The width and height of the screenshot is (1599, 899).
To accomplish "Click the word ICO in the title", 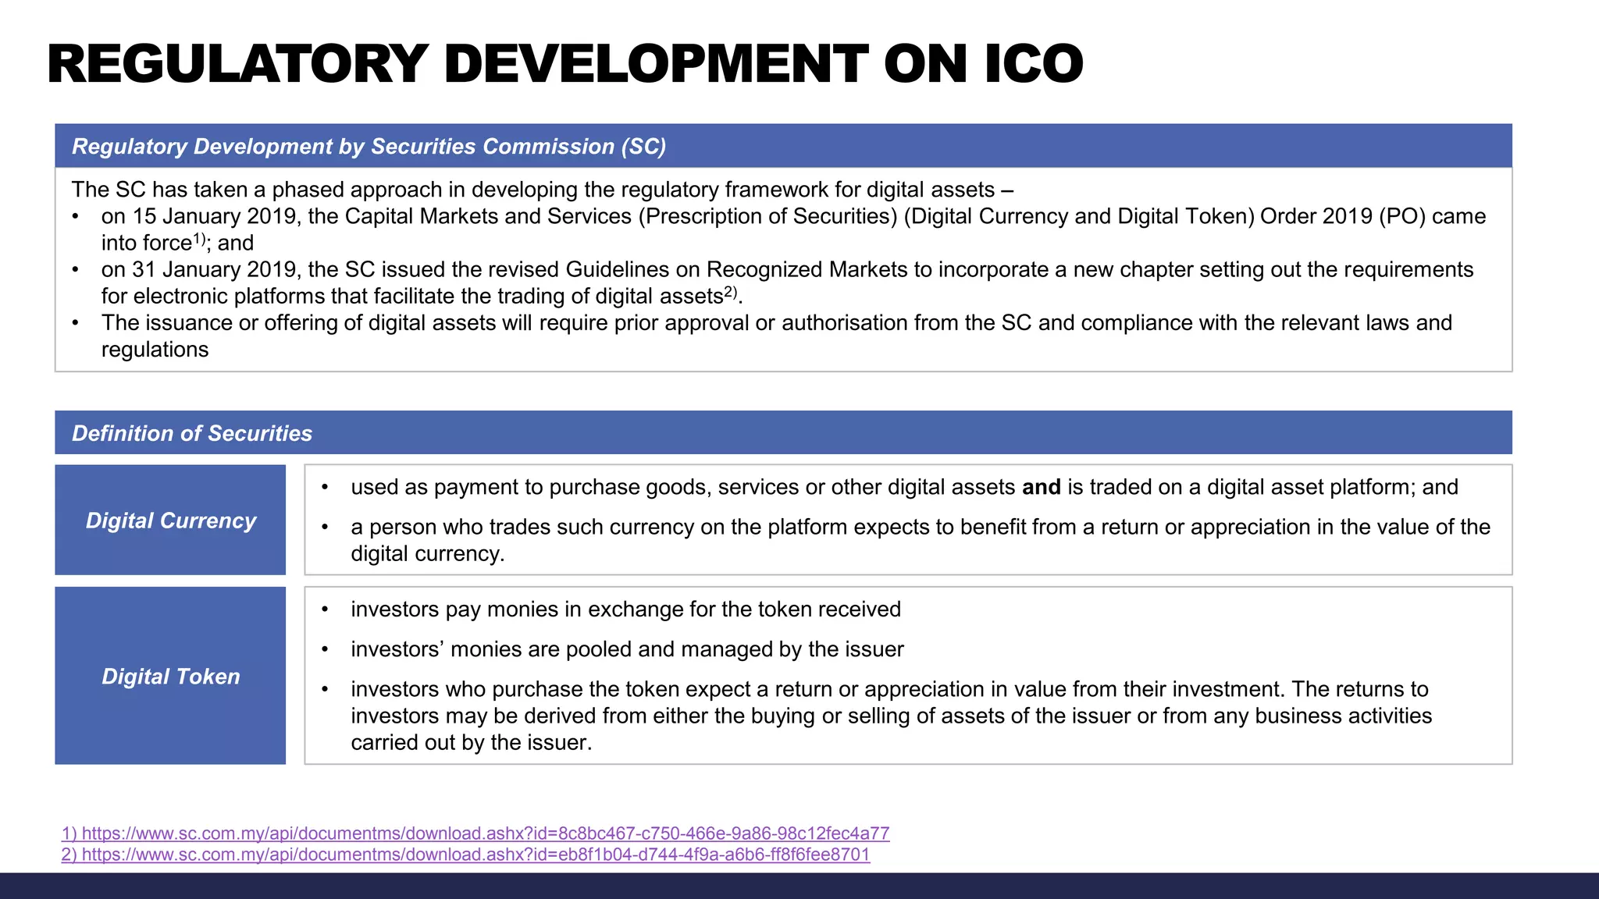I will click(x=1034, y=64).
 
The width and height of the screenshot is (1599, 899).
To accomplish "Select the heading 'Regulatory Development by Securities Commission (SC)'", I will click(x=369, y=147).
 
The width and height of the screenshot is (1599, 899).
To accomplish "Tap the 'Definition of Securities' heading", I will click(x=192, y=434).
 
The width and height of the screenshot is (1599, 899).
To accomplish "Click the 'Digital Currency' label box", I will click(x=170, y=521).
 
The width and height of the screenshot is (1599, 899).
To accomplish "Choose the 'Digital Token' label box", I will click(x=170, y=676).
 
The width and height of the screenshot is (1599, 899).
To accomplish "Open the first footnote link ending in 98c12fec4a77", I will click(x=475, y=833).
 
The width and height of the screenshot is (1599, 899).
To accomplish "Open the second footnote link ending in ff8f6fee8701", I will click(x=465, y=855).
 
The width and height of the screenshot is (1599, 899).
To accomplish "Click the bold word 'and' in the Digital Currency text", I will click(x=1042, y=487).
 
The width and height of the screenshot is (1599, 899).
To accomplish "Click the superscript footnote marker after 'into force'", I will click(x=199, y=238).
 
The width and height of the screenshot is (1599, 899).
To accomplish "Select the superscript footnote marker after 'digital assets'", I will click(x=730, y=291).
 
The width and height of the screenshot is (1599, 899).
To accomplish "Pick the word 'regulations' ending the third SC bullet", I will click(x=155, y=350).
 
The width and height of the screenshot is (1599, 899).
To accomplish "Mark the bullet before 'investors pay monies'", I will click(x=325, y=609).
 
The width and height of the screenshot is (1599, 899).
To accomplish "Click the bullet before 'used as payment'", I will click(x=325, y=488).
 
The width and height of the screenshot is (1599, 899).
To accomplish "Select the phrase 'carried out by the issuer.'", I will click(x=471, y=742).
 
